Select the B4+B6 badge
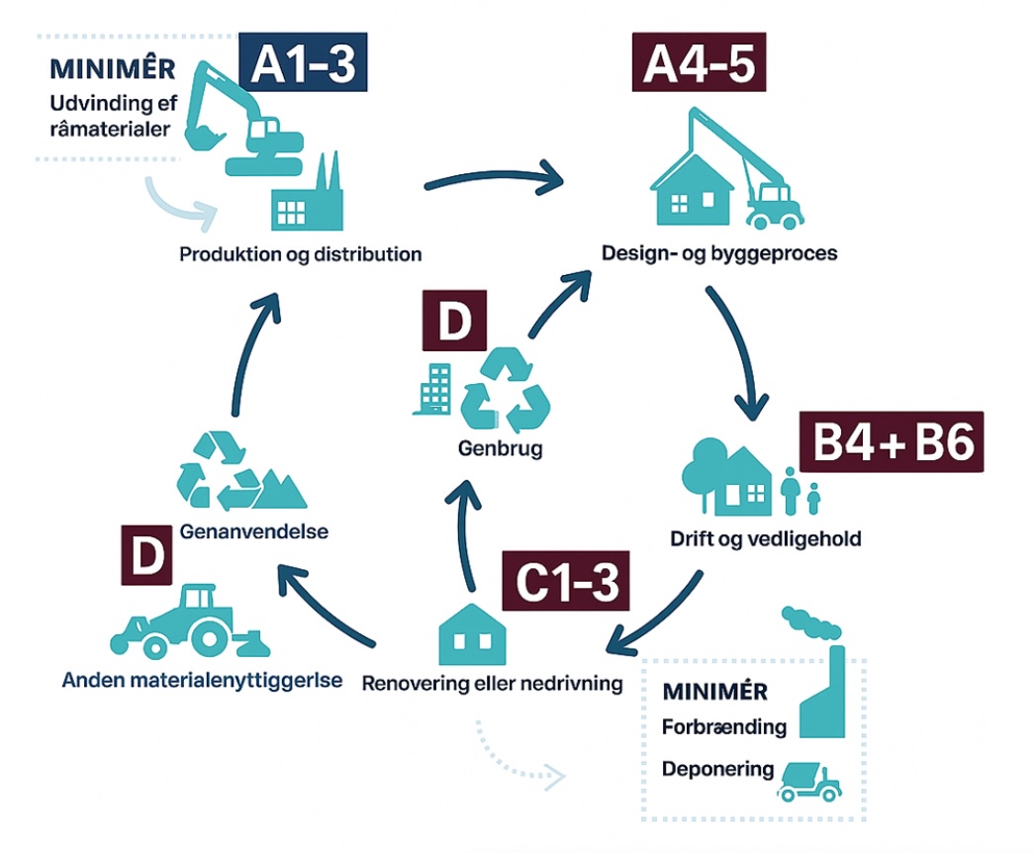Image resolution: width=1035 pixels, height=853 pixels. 892,443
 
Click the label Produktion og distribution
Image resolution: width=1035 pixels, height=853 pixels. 301,254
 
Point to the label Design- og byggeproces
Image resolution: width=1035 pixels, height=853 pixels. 719,253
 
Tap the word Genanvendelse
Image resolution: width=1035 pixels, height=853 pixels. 255,532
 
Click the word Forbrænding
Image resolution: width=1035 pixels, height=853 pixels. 724,727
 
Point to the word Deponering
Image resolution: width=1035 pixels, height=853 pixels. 717,769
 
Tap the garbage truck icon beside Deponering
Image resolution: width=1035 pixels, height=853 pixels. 808,779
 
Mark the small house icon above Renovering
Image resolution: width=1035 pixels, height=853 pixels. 471,633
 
